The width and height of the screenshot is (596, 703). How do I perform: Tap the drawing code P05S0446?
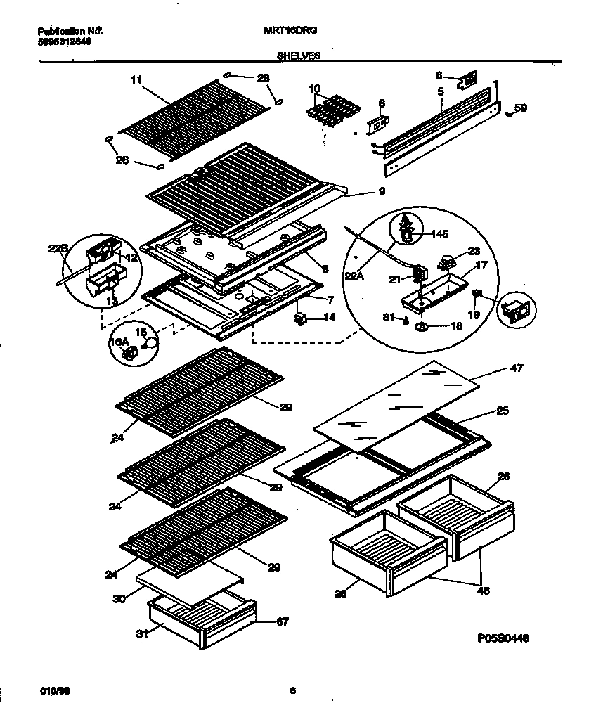[501, 638]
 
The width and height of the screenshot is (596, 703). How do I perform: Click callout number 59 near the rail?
[520, 108]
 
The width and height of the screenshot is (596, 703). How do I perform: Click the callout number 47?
[517, 368]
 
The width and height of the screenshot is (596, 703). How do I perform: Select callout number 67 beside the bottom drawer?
[281, 621]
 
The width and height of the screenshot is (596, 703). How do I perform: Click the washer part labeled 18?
[422, 327]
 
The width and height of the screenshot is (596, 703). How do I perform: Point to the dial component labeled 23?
[444, 264]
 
